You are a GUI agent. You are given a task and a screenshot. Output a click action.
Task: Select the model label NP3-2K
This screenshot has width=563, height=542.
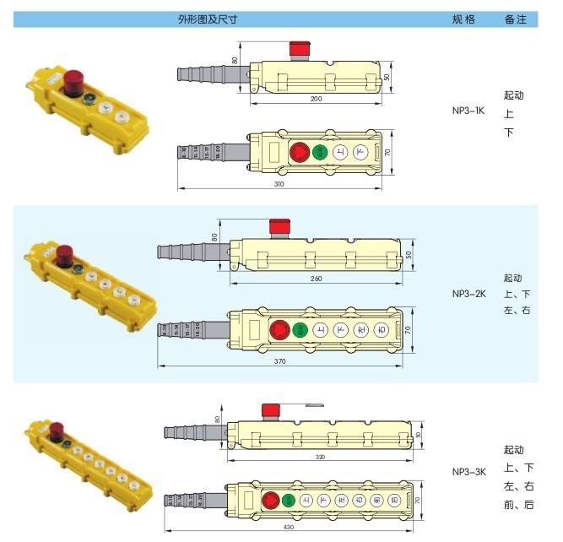coord(468,294)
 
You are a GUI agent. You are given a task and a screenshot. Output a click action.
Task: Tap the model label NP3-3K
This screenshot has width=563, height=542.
coord(468,472)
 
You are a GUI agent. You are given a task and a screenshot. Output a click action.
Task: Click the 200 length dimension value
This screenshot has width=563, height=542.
coord(316,100)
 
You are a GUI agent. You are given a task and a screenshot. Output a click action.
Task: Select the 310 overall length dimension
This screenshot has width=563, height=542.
coord(278,184)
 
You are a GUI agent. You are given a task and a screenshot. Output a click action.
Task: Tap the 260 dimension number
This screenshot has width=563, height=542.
coord(316,278)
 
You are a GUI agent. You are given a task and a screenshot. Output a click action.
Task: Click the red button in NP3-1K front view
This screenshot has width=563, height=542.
coord(299,153)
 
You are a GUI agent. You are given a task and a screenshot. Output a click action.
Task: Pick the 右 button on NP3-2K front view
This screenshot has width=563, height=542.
coord(382,329)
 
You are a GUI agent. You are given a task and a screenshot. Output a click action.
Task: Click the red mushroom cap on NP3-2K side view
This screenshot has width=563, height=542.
coord(279,226)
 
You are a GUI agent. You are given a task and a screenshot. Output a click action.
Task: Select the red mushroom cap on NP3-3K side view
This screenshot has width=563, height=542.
coord(271,410)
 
